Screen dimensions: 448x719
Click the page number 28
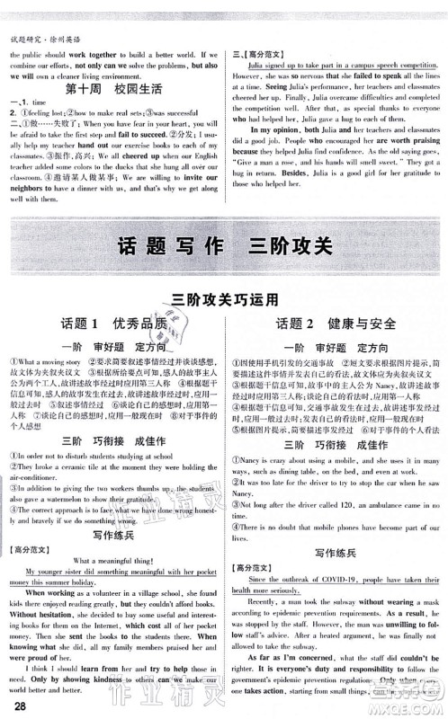(15, 705)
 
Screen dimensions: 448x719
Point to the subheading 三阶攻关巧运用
(223, 299)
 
